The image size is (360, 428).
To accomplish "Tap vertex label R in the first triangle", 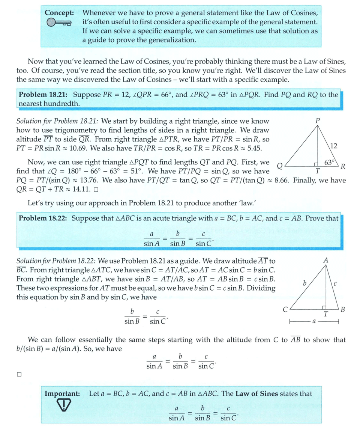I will click(x=343, y=166).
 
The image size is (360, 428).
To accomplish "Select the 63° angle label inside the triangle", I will click(x=329, y=162).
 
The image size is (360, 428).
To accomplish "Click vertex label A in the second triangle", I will click(x=325, y=259).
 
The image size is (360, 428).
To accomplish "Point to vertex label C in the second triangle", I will click(x=285, y=310).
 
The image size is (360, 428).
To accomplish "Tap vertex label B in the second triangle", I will click(x=342, y=310).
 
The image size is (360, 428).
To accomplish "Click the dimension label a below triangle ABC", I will click(x=314, y=322).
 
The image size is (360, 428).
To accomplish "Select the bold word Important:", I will click(x=62, y=394).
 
